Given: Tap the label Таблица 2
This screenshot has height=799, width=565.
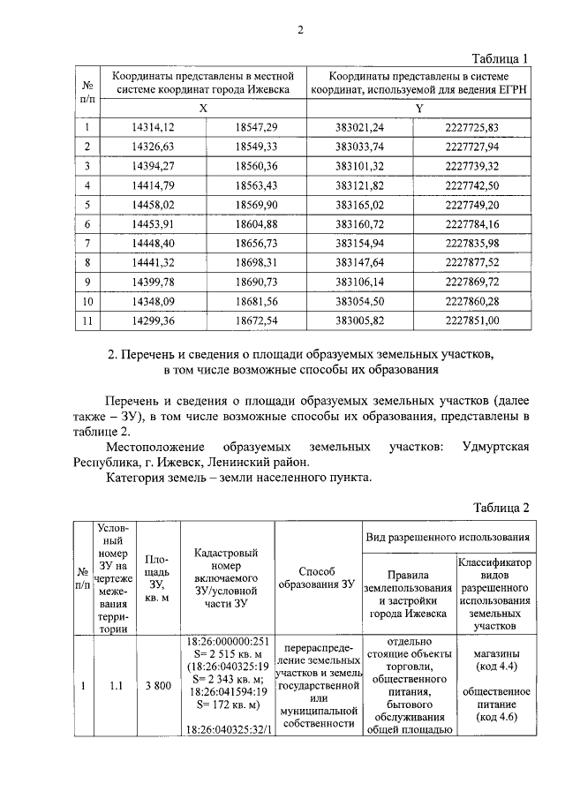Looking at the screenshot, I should coord(500,509).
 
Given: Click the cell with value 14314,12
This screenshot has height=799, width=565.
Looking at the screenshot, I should coord(153,128).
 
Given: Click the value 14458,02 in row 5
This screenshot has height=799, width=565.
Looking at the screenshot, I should coord(153,204).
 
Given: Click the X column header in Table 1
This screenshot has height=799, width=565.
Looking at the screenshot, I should coord(203,108).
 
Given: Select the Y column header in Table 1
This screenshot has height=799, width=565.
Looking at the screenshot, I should coord(419,108).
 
